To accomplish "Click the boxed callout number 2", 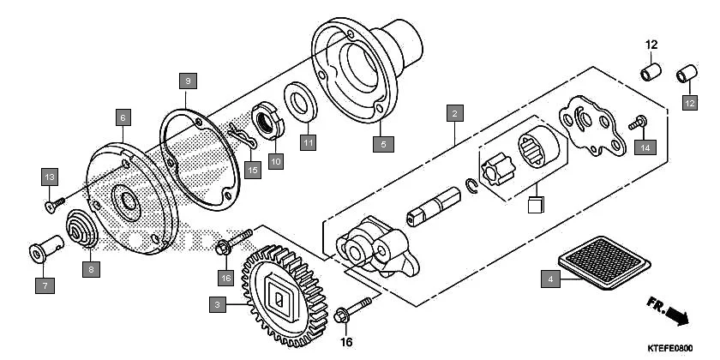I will (454, 112).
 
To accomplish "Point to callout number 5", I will (384, 143).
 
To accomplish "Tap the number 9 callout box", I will (188, 81).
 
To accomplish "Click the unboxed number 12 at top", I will (651, 45).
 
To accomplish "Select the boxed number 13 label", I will (50, 177).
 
